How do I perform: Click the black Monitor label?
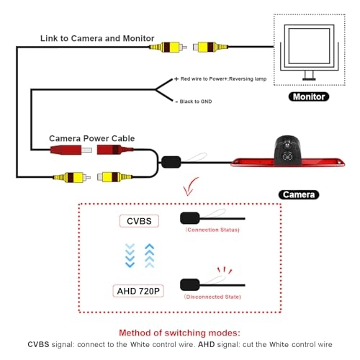pyautogui.click(x=307, y=96)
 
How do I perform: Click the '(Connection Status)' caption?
pyautogui.click(x=212, y=230)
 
